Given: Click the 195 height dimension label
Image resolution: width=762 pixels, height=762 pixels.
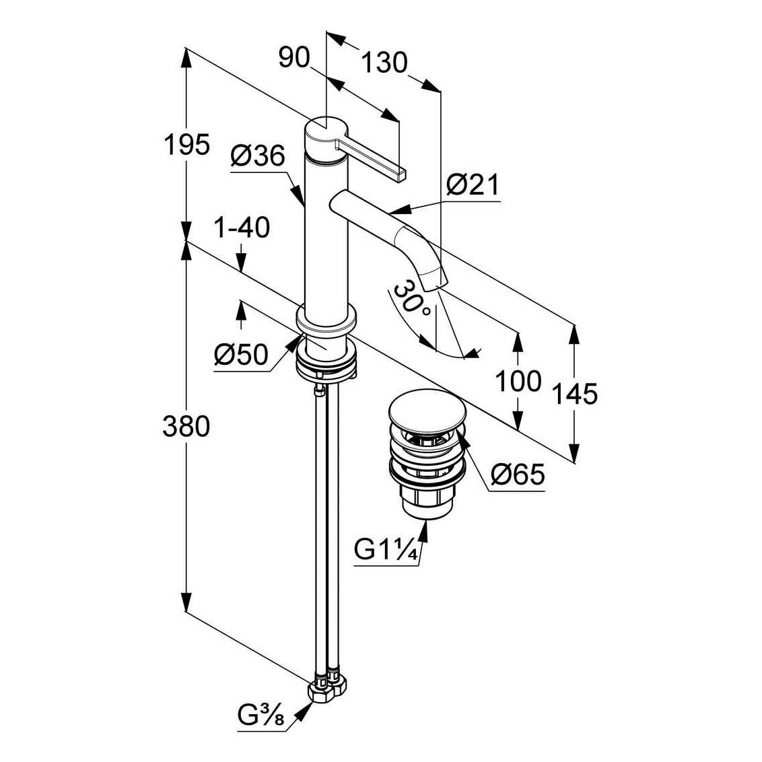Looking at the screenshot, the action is click(x=187, y=144).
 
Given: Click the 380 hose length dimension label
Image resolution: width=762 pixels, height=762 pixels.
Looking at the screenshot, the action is click(x=186, y=426).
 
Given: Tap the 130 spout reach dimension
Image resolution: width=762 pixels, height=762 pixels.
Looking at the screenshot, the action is click(x=384, y=63).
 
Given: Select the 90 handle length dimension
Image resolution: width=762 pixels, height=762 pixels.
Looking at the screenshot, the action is click(x=294, y=58).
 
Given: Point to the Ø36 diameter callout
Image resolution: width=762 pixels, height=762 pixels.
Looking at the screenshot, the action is click(x=258, y=156).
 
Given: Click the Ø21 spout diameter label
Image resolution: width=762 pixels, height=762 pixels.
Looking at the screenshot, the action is click(x=473, y=184).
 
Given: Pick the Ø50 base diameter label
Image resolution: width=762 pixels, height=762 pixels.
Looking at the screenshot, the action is click(x=241, y=354).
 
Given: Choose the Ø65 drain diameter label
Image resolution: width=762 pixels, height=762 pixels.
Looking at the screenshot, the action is click(x=518, y=474).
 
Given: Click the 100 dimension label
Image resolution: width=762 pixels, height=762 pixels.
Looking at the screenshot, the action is click(x=518, y=380).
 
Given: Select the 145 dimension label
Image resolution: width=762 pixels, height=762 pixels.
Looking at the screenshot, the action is click(x=574, y=394).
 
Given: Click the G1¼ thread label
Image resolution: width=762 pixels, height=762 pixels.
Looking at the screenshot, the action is click(x=386, y=550).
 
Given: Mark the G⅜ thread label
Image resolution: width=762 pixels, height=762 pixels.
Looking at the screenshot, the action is click(x=261, y=715).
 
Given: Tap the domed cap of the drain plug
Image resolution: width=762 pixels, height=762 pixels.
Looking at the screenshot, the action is click(x=427, y=409).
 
